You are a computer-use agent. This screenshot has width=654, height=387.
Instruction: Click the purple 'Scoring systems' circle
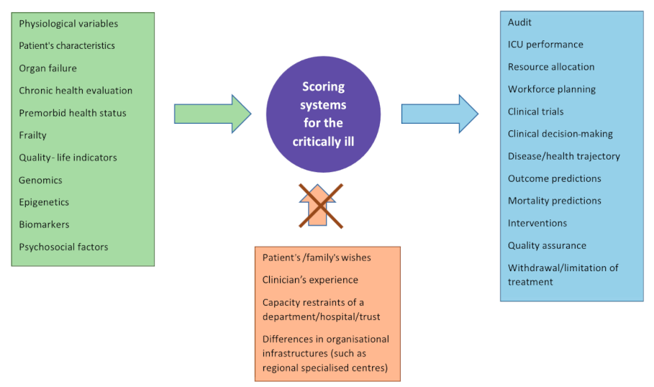point(323,114)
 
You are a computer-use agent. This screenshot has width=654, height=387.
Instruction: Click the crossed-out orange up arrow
point(321,206)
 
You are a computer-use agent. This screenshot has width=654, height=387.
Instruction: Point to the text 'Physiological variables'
point(68,24)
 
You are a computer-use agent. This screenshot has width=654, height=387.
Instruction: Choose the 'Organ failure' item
point(47,68)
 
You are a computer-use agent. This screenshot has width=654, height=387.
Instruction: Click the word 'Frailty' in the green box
point(32,135)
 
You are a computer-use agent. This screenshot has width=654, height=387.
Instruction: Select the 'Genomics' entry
point(40,180)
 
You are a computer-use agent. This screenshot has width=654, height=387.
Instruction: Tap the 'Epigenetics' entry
point(44,202)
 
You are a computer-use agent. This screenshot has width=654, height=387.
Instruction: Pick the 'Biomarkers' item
point(44,224)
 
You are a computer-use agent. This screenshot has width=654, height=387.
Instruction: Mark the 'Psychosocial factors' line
point(63,247)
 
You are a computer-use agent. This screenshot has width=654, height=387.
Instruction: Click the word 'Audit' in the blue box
point(519,22)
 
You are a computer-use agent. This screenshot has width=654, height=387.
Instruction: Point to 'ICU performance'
point(545,45)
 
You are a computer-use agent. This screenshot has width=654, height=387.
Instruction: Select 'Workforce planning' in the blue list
point(551,89)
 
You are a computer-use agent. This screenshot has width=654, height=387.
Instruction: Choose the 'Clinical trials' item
point(535,111)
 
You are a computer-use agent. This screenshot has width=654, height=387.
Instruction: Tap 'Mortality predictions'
point(554,201)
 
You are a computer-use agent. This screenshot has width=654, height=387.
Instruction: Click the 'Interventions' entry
point(537,223)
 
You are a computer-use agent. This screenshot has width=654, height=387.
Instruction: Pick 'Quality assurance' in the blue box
point(547,245)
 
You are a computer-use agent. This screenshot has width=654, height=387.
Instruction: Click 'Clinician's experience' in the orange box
point(310,280)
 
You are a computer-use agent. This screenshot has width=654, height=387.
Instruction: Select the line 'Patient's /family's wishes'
point(317,258)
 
